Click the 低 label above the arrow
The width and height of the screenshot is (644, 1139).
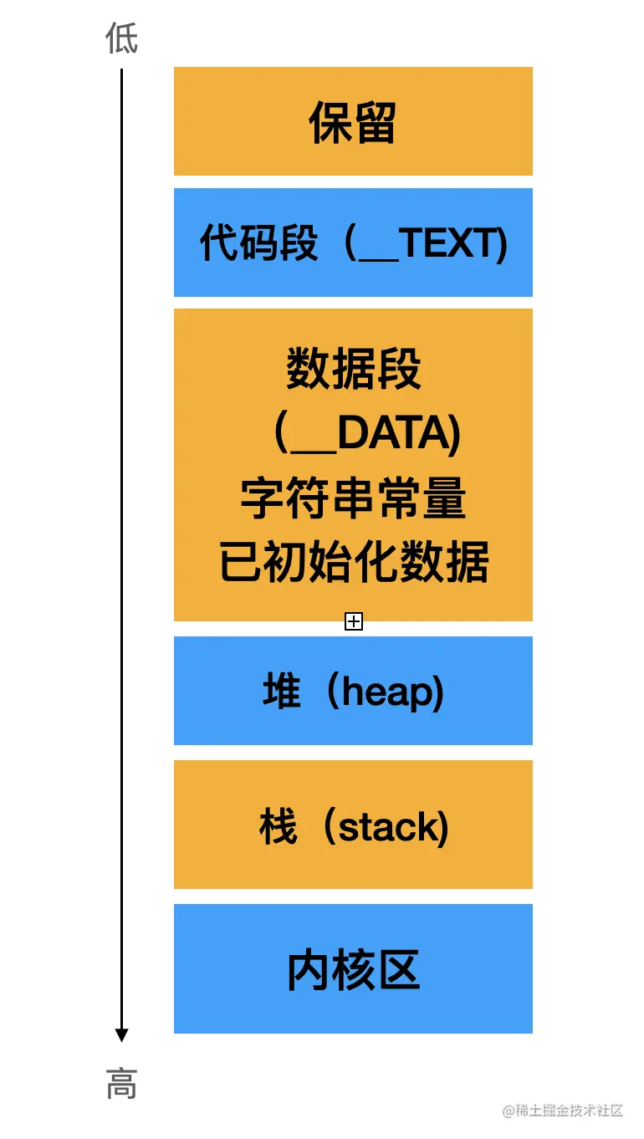coord(121,38)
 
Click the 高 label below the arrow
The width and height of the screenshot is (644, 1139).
coord(121,1085)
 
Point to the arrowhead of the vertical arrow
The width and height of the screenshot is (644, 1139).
coord(121,1035)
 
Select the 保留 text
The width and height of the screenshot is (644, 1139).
coord(352,123)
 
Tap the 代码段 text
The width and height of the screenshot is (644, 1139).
coord(258,244)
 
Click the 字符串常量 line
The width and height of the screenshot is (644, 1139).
coord(353,498)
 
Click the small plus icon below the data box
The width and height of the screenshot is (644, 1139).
coord(354,621)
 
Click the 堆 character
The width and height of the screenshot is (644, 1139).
coord(281,692)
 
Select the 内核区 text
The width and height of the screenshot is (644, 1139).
coord(353,970)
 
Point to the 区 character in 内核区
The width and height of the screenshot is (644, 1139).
coord(398,970)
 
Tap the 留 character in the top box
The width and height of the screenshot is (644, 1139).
coord(375,123)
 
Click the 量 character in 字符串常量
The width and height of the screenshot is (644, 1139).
coord(445,498)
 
